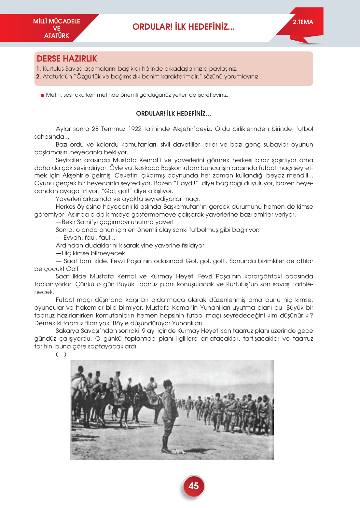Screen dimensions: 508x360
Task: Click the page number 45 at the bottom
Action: [x=193, y=486]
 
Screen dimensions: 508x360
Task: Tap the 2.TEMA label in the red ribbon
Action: [x=303, y=22]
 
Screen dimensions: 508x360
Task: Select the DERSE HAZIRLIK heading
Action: [x=67, y=59]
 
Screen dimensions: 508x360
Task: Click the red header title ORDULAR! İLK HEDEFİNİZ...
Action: [x=183, y=27]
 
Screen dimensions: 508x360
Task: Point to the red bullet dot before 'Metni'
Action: [x=42, y=95]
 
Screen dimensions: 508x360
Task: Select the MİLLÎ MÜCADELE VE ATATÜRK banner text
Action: [x=57, y=28]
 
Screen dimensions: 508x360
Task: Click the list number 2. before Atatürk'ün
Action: [x=38, y=77]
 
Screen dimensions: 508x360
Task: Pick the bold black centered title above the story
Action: [x=173, y=114]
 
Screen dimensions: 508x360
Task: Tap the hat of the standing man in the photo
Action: [x=168, y=383]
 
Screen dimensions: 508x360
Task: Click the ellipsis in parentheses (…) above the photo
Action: [x=61, y=354]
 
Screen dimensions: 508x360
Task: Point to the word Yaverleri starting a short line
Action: [x=69, y=199]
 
